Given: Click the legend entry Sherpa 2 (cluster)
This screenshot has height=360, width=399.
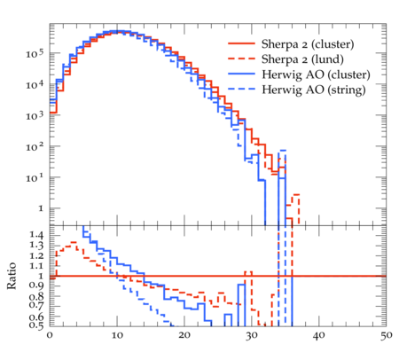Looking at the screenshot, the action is pos(308,44).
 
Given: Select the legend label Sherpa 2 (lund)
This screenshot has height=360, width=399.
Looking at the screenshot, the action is pos(302,59).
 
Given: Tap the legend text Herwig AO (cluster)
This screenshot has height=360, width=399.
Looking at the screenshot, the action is pos(316,74).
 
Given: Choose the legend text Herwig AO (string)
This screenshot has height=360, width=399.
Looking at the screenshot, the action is pos(314,90).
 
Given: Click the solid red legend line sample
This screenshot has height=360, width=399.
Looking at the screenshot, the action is pos(241,43).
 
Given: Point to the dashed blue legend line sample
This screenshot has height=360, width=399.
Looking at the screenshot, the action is pos(241,89).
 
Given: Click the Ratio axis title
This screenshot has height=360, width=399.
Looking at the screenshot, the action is pos(12,276).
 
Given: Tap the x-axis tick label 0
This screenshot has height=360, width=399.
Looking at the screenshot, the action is pos(50,335).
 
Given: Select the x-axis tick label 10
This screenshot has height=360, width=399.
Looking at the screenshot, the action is pos(117,335).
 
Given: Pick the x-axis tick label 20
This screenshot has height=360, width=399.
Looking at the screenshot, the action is pos(184,335).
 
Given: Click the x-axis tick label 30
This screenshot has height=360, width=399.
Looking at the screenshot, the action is pos(252,335).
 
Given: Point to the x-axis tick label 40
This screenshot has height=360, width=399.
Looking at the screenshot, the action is pos(318,335).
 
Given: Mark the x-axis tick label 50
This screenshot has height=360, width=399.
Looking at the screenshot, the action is pos(386,335).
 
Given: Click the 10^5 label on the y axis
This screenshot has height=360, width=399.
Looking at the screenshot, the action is pos(35,53).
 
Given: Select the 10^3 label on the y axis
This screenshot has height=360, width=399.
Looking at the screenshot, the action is pos(35,115).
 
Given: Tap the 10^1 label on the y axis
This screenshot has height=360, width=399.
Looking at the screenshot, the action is pos(35,177).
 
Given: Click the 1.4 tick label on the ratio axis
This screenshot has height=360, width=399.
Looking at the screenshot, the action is pos(36,236).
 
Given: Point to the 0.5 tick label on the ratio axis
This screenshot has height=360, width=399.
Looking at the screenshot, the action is pos(36,325).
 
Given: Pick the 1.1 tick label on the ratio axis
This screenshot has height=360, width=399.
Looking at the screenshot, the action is pos(36,266).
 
